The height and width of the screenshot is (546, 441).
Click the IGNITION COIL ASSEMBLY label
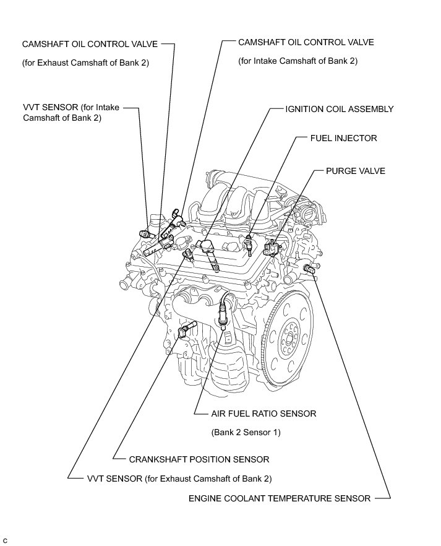point(339,109)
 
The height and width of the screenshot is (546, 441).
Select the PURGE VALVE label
point(355,171)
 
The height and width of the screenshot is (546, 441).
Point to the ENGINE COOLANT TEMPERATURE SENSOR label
point(280,498)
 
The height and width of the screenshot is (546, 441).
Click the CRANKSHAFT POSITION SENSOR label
point(199,459)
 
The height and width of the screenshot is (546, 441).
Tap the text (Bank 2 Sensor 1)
point(246,433)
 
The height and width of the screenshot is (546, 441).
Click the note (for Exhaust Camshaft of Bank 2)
point(85,63)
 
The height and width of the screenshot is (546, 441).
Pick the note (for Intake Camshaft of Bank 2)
point(298,61)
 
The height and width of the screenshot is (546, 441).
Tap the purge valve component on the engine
point(270,249)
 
